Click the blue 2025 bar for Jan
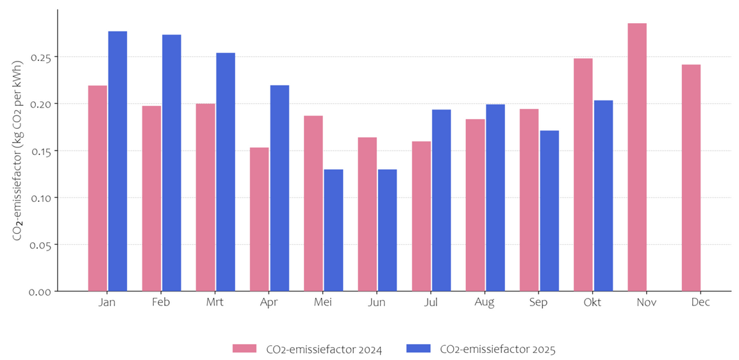(117, 161)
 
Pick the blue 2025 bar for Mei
(333, 230)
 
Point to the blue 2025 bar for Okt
(603, 195)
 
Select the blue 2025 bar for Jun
(387, 230)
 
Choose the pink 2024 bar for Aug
(476, 205)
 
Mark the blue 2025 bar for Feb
(172, 163)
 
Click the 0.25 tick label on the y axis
(40, 57)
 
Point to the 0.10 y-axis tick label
(40, 197)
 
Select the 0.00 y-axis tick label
(40, 291)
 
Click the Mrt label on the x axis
(215, 302)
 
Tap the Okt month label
(593, 302)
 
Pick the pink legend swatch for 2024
(244, 349)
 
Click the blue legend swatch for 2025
(419, 349)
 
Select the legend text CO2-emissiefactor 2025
(497, 349)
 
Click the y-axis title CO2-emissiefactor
(18, 151)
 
